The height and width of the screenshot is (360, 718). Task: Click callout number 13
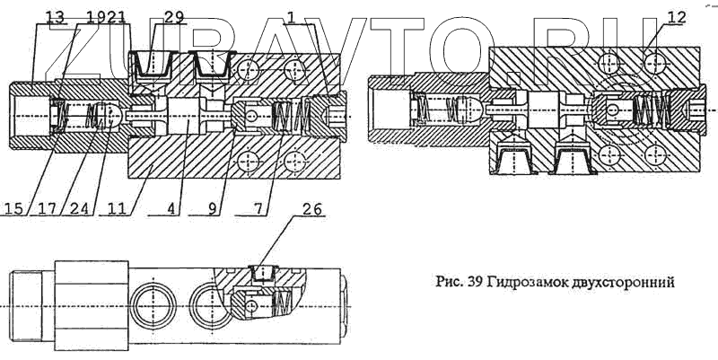[55, 16]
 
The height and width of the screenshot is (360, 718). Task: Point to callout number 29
[174, 16]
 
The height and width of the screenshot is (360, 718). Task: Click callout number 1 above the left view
[292, 16]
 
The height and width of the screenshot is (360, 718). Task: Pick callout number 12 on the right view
[678, 16]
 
